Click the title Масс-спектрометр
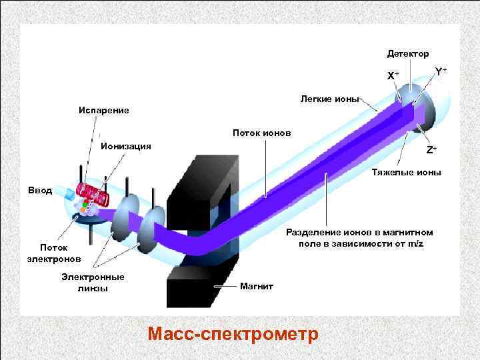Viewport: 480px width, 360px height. point(233,333)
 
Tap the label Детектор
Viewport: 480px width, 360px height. point(408,53)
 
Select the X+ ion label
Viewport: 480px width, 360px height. point(393,75)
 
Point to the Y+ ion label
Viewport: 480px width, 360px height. point(441,71)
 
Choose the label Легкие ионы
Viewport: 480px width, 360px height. point(329,99)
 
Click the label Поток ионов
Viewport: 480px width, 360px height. point(261,133)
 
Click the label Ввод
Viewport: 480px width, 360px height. point(39,190)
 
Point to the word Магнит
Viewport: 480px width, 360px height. point(257,286)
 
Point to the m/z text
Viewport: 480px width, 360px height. point(415,243)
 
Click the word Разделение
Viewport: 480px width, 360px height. point(313,233)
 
